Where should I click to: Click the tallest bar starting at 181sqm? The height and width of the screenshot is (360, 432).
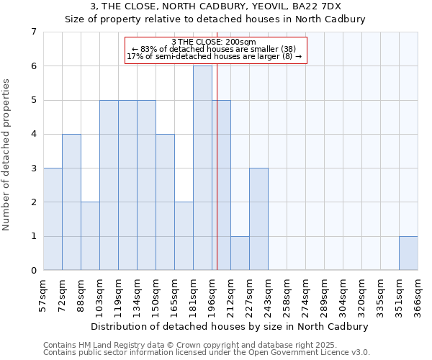point(202,168)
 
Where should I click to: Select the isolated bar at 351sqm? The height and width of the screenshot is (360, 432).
point(408,253)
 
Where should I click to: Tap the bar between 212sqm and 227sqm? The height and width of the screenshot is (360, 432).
point(240,253)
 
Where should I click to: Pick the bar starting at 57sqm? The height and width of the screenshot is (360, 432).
point(53,219)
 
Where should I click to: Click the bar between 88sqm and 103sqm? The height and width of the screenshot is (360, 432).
point(90,236)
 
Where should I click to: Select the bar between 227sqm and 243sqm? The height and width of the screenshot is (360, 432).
point(258,219)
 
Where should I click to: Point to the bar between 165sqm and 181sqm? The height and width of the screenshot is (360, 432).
point(184,236)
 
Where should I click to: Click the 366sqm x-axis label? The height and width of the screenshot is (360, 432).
point(418,294)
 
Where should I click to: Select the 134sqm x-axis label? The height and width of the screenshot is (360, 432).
point(137,294)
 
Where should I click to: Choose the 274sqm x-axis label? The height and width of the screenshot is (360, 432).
point(305,294)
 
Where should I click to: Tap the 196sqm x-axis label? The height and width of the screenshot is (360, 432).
point(212,294)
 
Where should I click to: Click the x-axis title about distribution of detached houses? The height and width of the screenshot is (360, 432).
point(230,326)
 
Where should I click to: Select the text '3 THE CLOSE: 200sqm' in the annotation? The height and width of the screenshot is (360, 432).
point(215,42)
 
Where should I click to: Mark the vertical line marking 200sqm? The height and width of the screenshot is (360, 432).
point(217,180)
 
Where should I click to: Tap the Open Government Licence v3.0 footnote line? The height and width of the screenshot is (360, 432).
point(207,353)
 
